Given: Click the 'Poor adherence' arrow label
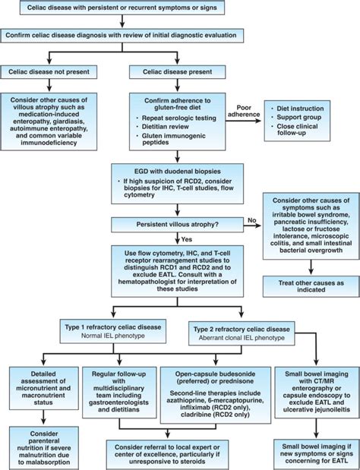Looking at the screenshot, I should pyautogui.click(x=242, y=109).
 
